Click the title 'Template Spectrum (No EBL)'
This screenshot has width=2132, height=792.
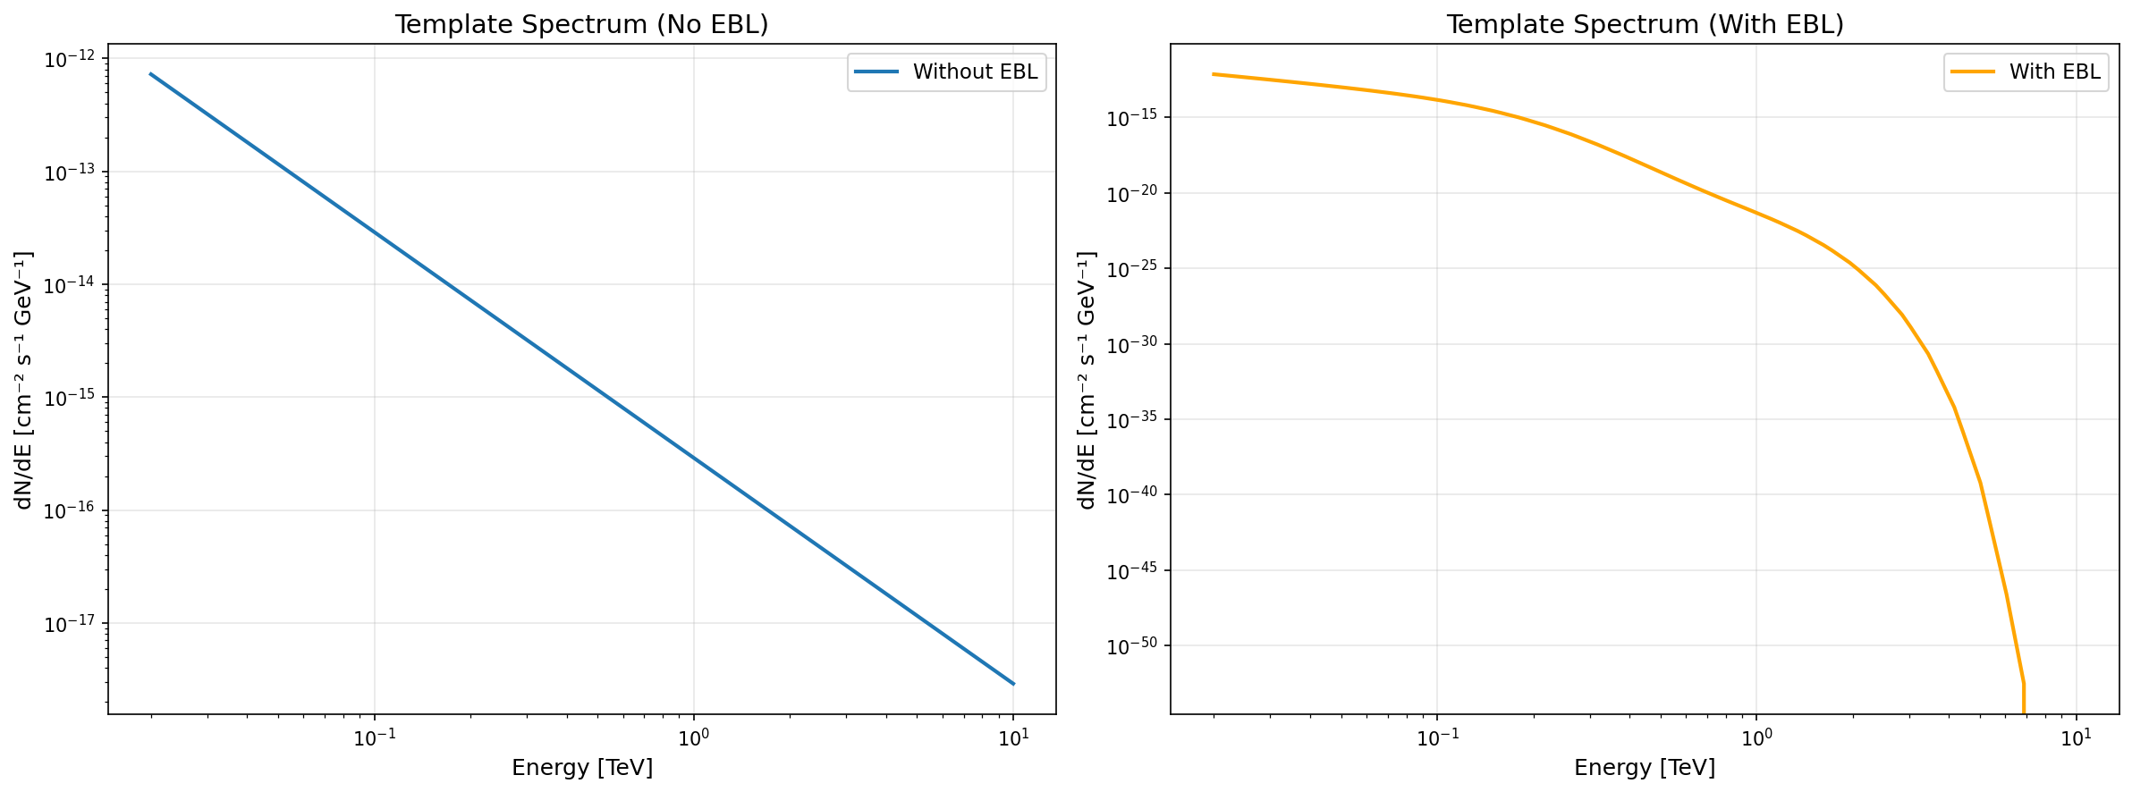(581, 24)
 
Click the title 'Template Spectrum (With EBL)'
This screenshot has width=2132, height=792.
(1645, 24)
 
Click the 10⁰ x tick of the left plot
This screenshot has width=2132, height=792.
(693, 738)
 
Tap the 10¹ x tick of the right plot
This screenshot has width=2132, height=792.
(2076, 738)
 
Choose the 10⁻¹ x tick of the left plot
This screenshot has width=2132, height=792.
(374, 738)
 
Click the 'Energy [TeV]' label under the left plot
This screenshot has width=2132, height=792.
(581, 768)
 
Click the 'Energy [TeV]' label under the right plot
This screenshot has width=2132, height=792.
(1645, 768)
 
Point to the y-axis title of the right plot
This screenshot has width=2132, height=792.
(1087, 379)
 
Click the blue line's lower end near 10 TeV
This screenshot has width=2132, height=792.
(1012, 684)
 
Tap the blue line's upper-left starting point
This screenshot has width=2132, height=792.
(150, 73)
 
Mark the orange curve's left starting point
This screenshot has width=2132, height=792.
(1214, 74)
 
